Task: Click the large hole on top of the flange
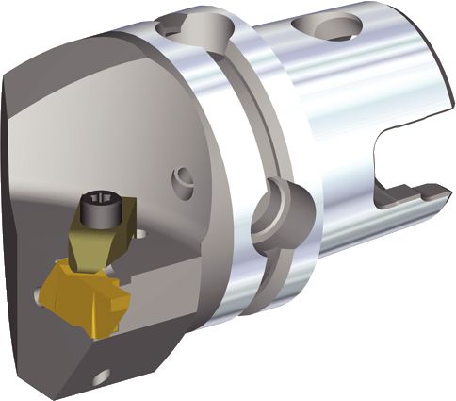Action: (x=186, y=29)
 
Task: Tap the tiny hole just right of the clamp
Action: (x=141, y=232)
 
